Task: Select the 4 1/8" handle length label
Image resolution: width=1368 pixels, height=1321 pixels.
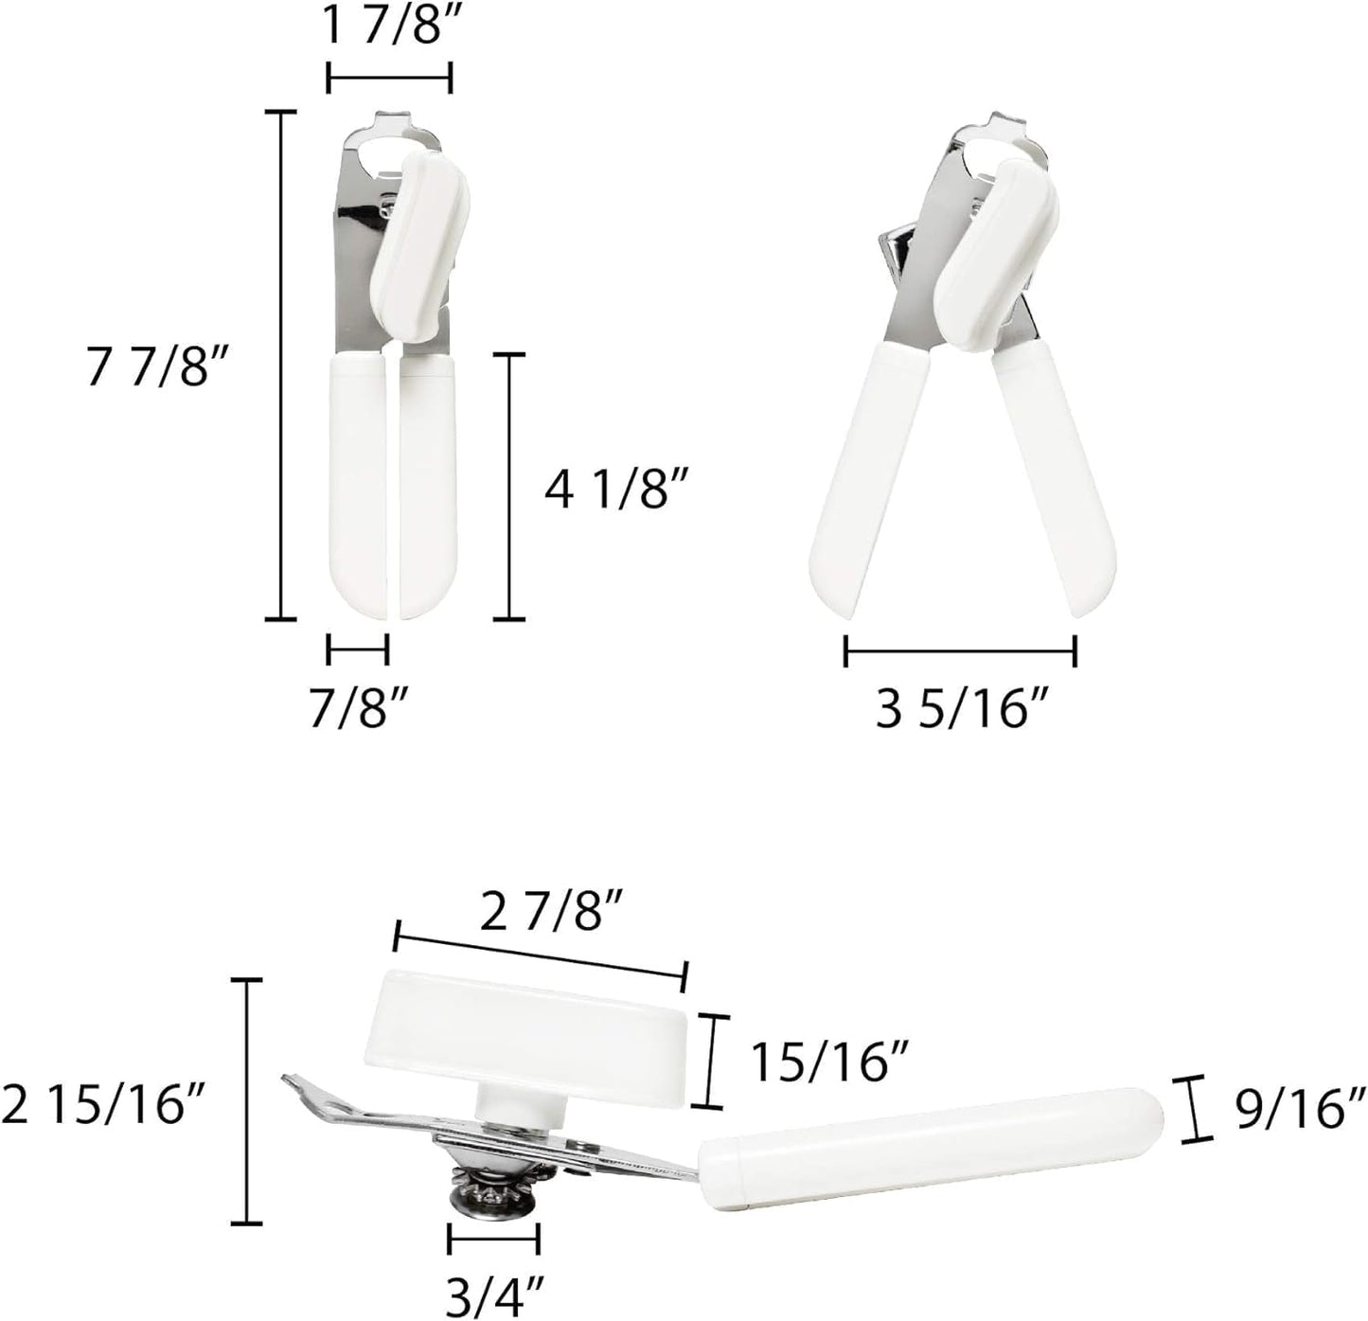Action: [615, 490]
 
